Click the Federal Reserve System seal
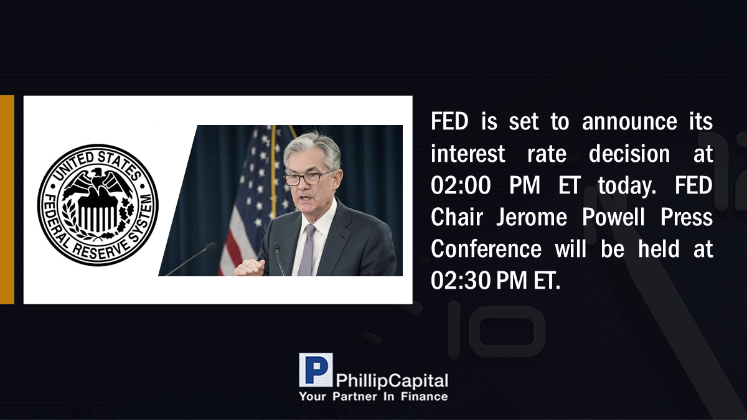pyautogui.click(x=98, y=205)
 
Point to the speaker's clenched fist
pyautogui.click(x=250, y=268)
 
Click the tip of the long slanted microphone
pyautogui.click(x=211, y=246)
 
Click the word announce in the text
pyautogui.click(x=629, y=122)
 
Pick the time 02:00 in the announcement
pyautogui.click(x=461, y=185)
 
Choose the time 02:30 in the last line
pyautogui.click(x=461, y=281)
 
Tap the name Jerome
pyautogui.click(x=532, y=217)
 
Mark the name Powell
pyautogui.click(x=614, y=217)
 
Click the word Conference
pyautogui.click(x=486, y=249)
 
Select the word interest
pyautogui.click(x=468, y=154)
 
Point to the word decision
pyautogui.click(x=629, y=154)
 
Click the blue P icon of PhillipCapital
pyautogui.click(x=316, y=370)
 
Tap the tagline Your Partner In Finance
pyautogui.click(x=374, y=397)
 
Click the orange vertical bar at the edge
pyautogui.click(x=7, y=200)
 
